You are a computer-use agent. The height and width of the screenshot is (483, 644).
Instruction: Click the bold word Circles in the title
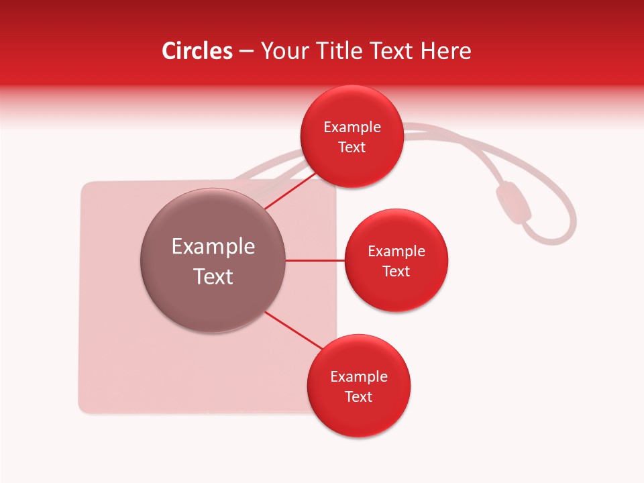coord(197,51)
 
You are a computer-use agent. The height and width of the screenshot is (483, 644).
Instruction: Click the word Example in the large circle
coord(213,247)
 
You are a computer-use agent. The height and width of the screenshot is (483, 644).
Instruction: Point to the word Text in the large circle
coord(213,276)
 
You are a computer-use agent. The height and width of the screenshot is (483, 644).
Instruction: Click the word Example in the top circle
coord(352,127)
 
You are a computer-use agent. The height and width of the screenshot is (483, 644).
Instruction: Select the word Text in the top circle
coord(352,148)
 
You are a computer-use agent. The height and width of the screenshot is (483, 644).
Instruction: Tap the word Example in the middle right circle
coord(396,252)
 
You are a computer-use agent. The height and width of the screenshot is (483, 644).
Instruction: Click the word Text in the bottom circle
coord(358,397)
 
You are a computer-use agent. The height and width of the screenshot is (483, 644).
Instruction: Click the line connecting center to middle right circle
coord(315,260)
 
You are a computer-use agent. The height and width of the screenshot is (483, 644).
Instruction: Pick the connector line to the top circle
coord(290,191)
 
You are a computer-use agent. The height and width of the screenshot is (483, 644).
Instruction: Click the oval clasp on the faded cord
coord(513,202)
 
